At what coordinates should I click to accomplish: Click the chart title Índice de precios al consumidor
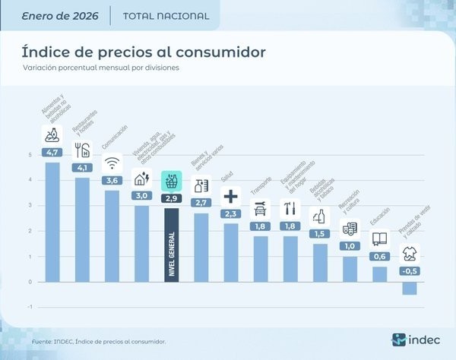(144, 52)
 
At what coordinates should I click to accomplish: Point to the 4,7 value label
(52, 153)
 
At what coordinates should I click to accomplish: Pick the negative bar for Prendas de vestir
(410, 288)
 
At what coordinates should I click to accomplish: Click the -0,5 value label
(410, 271)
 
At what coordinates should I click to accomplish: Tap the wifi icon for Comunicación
(112, 163)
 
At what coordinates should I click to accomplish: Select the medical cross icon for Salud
(230, 197)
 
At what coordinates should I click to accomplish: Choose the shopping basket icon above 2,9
(171, 181)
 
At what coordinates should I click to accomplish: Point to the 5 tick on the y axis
(30, 155)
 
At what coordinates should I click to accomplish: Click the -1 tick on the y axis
(29, 307)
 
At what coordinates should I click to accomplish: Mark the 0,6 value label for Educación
(379, 256)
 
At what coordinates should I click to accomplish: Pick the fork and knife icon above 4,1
(81, 149)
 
